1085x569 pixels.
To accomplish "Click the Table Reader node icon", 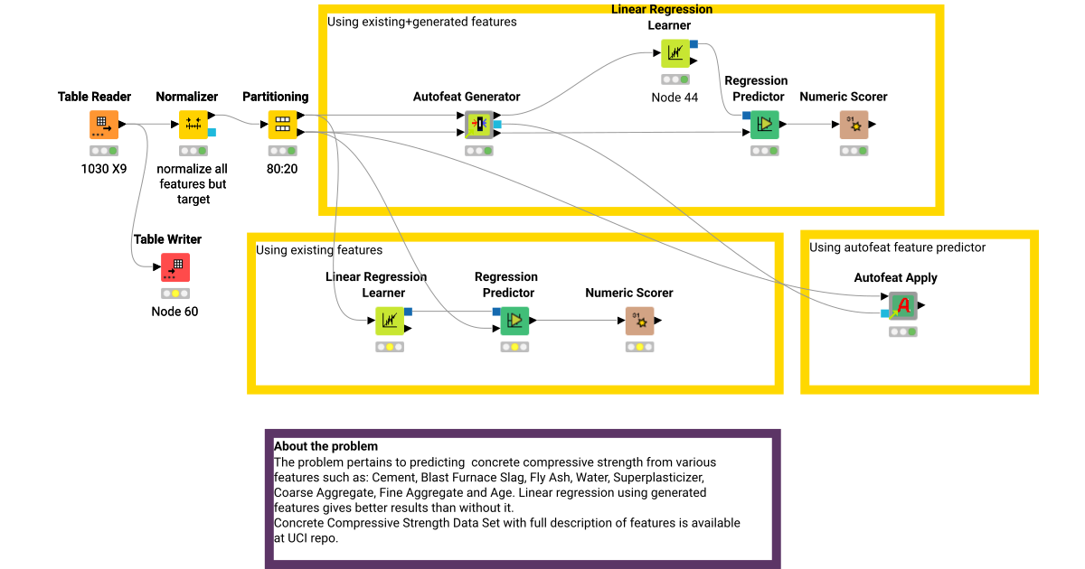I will coord(103,125).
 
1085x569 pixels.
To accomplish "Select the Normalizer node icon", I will coord(193,125).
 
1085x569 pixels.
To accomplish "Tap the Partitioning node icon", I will coord(282,125).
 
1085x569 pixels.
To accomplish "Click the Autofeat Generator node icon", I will coord(479,125).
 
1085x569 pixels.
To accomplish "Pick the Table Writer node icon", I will coord(175,267).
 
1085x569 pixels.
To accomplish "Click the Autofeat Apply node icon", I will coord(902,306).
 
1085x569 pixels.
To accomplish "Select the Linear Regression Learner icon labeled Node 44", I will coord(675,54).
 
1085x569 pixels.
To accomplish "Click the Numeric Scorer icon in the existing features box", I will coord(639,321).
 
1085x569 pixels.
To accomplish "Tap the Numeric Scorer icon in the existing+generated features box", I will coord(854,125).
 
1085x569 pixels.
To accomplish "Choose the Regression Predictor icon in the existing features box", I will coord(514,321).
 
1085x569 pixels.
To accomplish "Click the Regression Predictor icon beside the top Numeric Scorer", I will coord(764,125).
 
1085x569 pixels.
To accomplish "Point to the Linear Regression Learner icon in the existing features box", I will coord(390,321).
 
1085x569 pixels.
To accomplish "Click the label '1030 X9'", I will coord(103,169).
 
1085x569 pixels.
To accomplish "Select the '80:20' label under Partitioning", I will coord(282,169).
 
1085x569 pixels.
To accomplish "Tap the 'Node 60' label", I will coord(175,312).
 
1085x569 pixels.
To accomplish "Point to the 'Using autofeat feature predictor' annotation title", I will coord(897,247).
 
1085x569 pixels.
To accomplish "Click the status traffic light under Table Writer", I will coord(175,294).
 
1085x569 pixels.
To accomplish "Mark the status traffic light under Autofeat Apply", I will coord(902,332).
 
